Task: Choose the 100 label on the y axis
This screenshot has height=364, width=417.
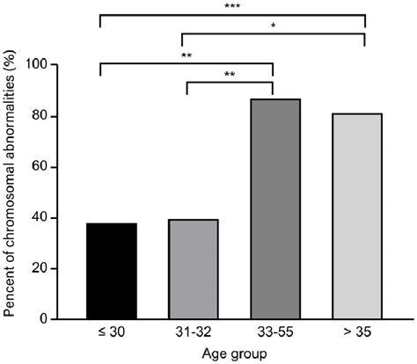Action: pyautogui.click(x=65, y=65)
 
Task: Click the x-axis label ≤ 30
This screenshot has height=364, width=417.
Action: pyautogui.click(x=112, y=334)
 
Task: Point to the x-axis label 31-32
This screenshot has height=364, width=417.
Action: pyautogui.click(x=193, y=334)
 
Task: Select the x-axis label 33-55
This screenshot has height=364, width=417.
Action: pyautogui.click(x=275, y=334)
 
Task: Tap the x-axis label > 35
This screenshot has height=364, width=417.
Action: pyautogui.click(x=357, y=334)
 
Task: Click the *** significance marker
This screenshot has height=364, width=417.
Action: pyautogui.click(x=233, y=6)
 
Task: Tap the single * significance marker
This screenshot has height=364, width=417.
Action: pyautogui.click(x=273, y=25)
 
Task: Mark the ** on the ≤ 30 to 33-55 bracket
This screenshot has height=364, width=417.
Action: pyautogui.click(x=187, y=55)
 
